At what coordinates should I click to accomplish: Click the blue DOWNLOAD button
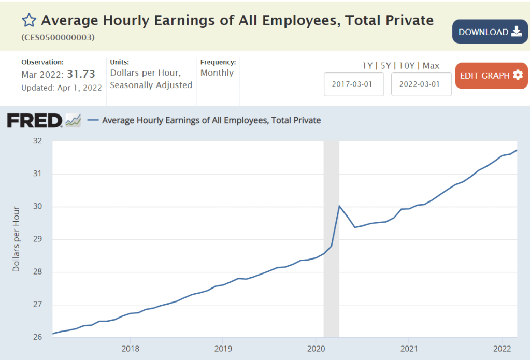490,32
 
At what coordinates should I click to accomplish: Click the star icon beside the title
29,21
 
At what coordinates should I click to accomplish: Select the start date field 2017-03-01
354,84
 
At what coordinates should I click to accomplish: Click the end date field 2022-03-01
421,84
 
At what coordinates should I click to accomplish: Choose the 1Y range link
367,66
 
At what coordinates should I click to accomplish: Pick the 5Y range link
385,66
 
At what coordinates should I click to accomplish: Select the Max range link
431,66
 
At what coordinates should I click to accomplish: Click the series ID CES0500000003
58,38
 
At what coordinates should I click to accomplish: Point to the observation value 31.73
81,74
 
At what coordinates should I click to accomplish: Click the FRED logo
35,120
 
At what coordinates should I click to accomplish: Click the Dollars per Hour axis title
16,239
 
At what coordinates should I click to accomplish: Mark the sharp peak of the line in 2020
339,206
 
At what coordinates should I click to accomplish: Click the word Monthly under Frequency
217,73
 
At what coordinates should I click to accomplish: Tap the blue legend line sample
93,120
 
